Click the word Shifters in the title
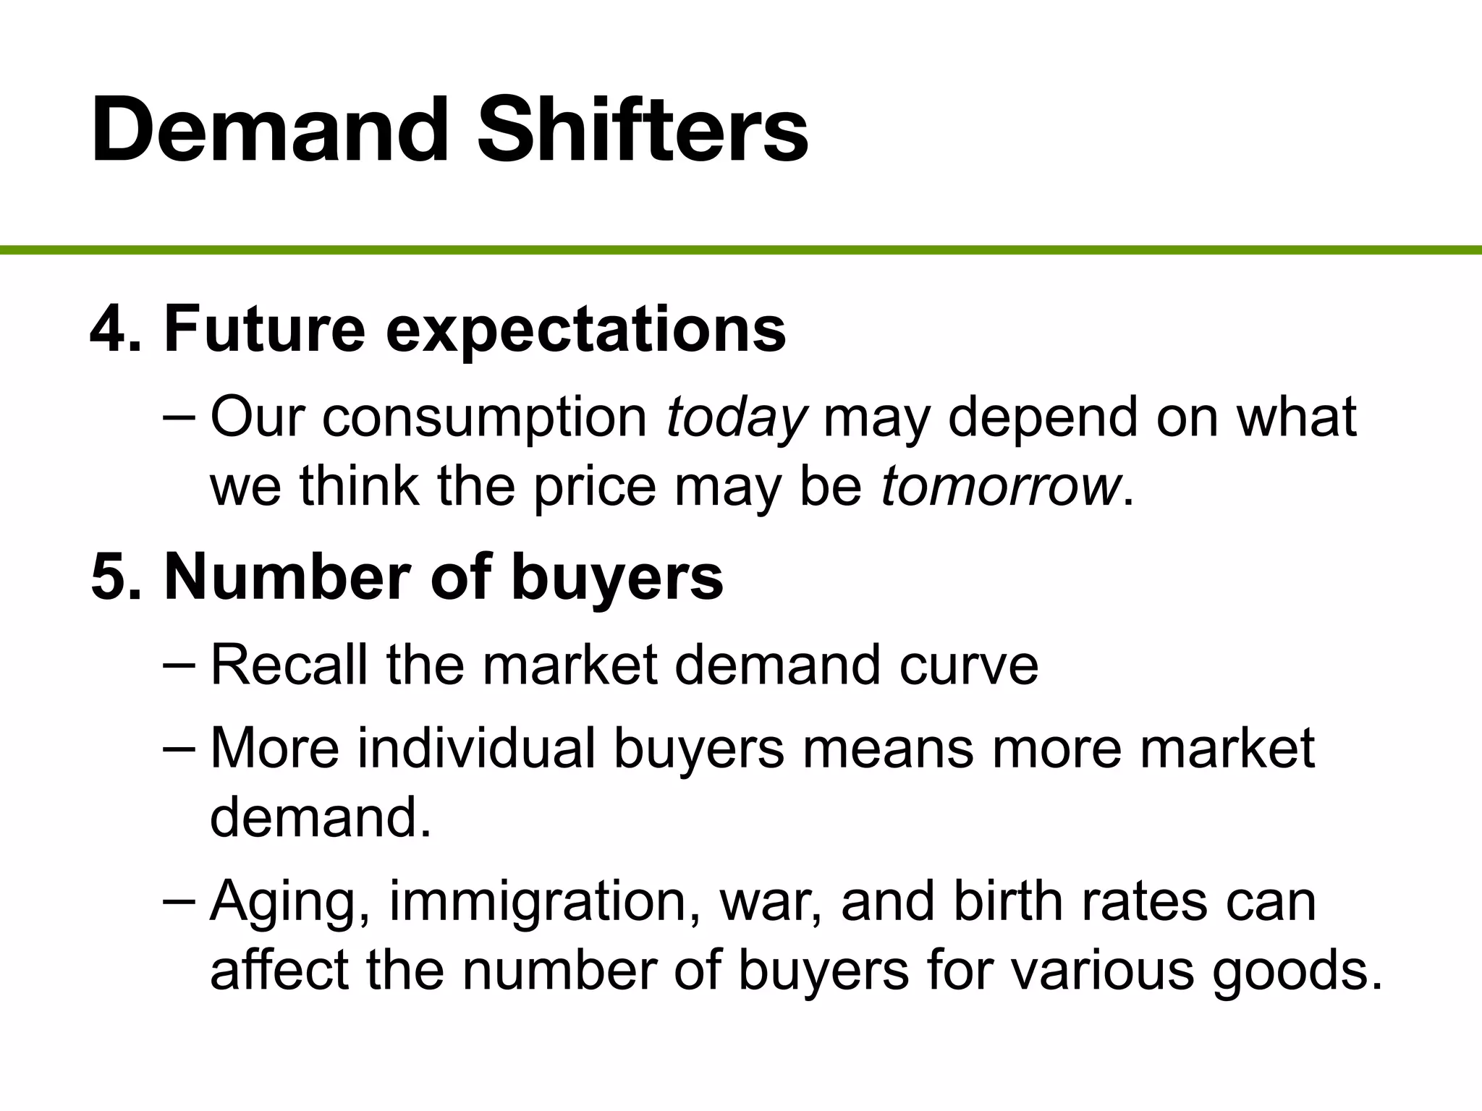point(643,130)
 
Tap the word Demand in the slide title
point(270,130)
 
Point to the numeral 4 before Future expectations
point(109,329)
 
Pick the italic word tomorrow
point(999,486)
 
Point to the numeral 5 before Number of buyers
point(109,577)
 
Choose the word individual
point(477,748)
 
